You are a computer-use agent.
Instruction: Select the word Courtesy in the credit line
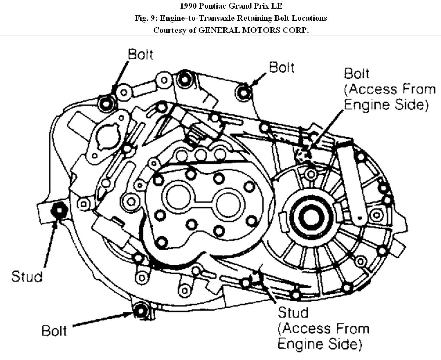coord(170,30)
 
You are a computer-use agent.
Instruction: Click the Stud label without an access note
coord(27,276)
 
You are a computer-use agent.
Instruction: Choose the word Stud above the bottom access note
coord(293,312)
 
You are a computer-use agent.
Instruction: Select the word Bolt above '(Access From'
coord(357,73)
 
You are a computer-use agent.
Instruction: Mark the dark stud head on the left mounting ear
coord(58,210)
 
